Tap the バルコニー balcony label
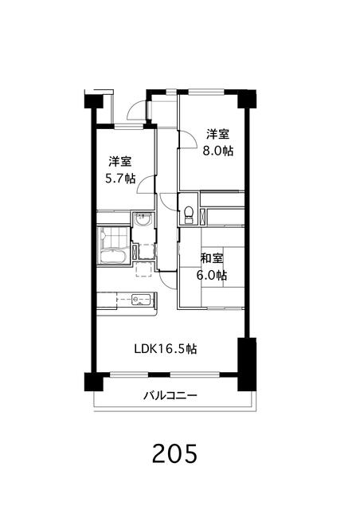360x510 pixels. (170, 394)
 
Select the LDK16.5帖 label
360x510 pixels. (165, 349)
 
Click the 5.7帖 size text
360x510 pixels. (119, 178)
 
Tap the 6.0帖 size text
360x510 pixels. (211, 276)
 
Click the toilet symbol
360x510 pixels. (188, 213)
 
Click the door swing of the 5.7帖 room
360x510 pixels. (145, 186)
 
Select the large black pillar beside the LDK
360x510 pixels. (245, 363)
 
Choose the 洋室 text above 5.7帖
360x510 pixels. (119, 160)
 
